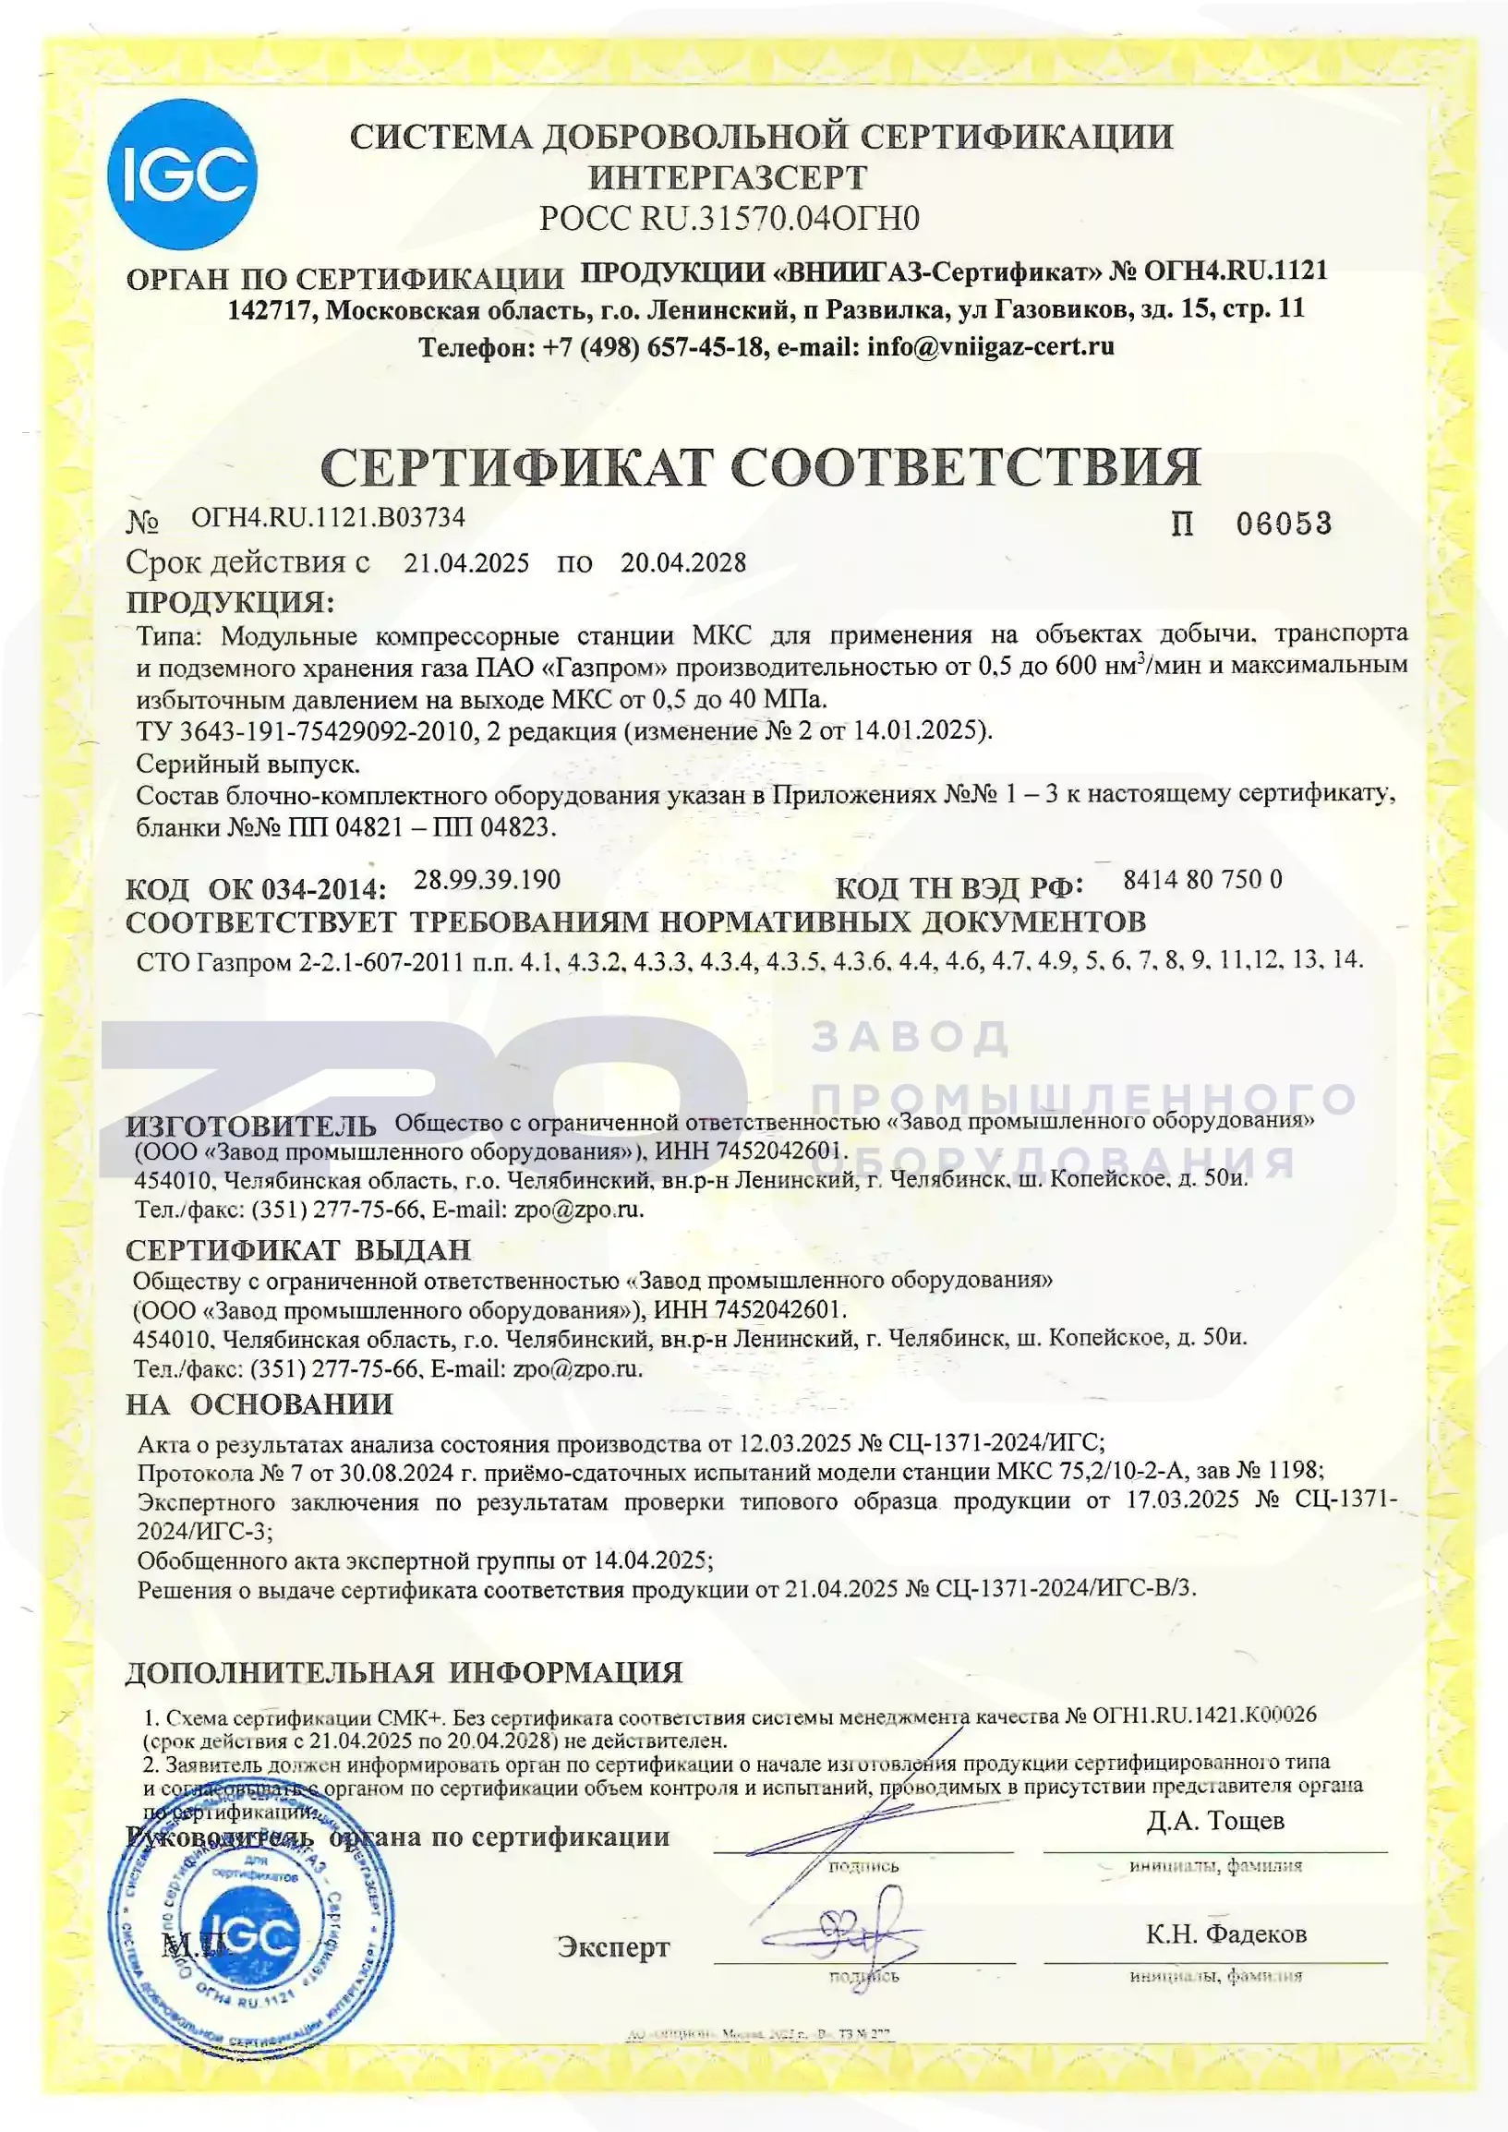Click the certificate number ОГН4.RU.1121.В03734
pos(327,517)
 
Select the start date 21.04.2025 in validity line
pos(466,562)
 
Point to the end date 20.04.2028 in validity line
pos(682,562)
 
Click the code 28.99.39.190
pos(487,879)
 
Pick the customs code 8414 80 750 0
pos(1201,879)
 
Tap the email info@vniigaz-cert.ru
pos(990,347)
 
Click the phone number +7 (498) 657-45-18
pos(653,347)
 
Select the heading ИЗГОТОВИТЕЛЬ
pos(250,1127)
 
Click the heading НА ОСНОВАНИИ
pos(259,1404)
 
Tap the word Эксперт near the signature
pos(613,1947)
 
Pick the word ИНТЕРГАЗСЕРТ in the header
pos(729,177)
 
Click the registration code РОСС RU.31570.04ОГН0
pos(729,218)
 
